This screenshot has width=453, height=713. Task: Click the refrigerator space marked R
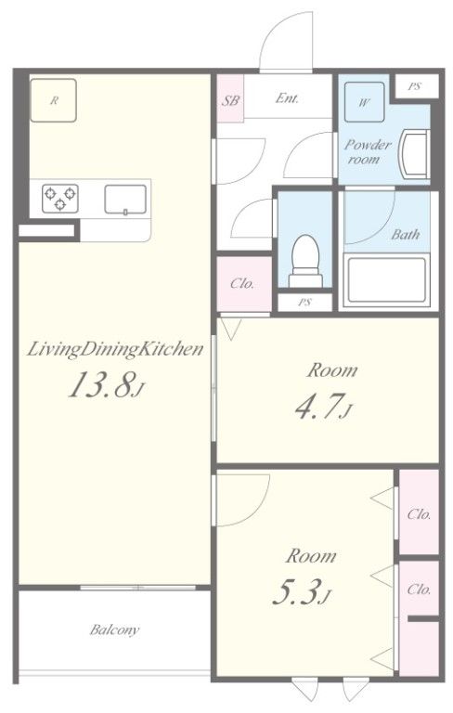(53, 100)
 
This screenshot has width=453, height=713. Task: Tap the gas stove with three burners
(60, 199)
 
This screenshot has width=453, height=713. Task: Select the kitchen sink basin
(125, 200)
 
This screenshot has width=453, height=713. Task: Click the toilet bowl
(305, 261)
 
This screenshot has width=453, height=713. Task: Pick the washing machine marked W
(364, 102)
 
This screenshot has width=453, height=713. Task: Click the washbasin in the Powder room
(413, 154)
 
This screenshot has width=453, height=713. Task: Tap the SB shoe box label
(230, 100)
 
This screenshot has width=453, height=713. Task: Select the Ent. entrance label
(287, 97)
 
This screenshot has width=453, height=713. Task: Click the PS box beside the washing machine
(416, 86)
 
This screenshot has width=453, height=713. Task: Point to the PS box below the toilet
(304, 302)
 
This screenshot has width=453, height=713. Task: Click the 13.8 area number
(101, 384)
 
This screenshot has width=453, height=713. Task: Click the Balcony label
(114, 629)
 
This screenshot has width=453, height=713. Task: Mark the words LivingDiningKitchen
(114, 350)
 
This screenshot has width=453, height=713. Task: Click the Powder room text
(367, 151)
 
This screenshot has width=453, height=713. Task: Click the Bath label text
(406, 235)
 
